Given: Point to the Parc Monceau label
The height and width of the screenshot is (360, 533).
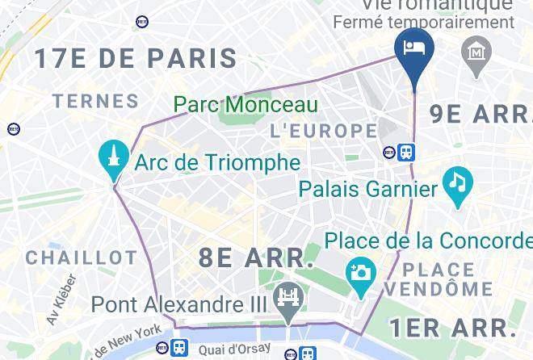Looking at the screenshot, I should [246, 105].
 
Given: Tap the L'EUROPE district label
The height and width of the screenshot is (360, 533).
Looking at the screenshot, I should [323, 130].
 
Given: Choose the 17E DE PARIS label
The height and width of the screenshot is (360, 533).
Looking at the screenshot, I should [135, 58].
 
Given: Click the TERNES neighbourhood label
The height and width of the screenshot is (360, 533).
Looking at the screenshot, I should [95, 101].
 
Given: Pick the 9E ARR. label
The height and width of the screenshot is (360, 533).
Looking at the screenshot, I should [481, 114].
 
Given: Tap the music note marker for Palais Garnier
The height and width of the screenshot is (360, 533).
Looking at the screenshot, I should [458, 185].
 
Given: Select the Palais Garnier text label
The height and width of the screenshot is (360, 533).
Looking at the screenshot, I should [367, 189].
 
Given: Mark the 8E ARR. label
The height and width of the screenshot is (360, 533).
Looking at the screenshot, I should [256, 258].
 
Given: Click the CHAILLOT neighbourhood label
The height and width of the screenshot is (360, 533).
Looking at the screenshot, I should [82, 258].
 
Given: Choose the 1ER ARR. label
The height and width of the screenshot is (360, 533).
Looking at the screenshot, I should [452, 328].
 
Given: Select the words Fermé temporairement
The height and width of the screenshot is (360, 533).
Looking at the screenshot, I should [423, 23].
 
